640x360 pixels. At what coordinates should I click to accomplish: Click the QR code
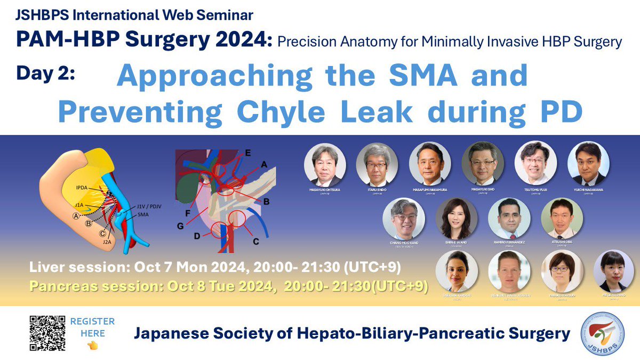pos(47,333)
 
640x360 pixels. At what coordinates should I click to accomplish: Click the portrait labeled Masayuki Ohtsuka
pos(325,163)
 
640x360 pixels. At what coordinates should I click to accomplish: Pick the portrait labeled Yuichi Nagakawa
pos(588,163)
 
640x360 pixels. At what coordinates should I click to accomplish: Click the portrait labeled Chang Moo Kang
pos(404,219)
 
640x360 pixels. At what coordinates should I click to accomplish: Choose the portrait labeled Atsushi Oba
pos(562,219)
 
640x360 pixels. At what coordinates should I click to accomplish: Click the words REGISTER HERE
pos(92,327)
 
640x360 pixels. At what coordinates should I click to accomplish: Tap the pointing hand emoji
pos(92,345)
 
